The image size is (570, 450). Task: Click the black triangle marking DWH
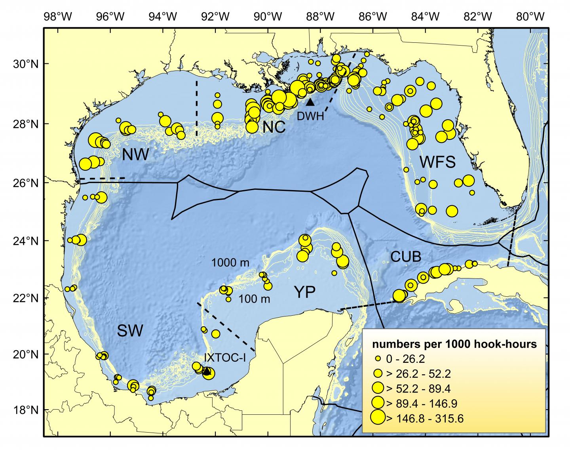pos(310,102)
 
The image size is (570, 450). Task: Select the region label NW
pos(135,155)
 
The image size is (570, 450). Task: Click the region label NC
pos(274,127)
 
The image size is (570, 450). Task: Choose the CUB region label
pos(406,257)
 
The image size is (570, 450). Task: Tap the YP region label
pos(304,292)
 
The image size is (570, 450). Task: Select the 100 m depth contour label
pos(255,299)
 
